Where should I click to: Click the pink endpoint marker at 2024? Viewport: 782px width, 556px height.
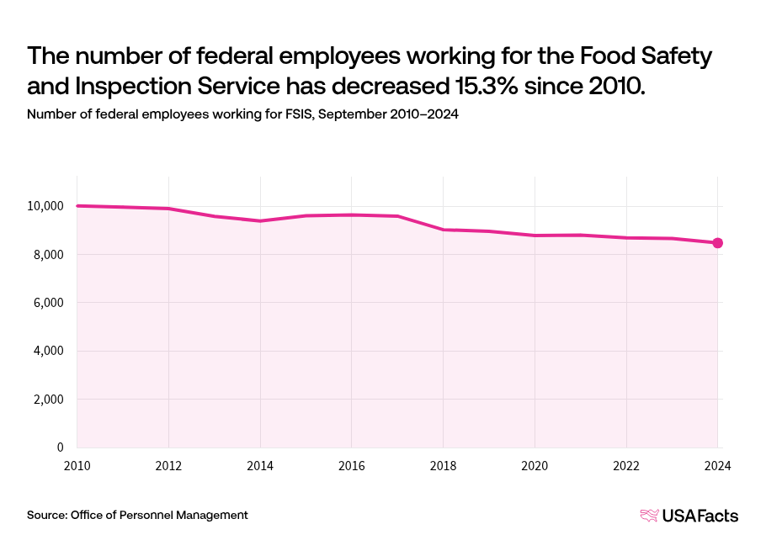tap(717, 243)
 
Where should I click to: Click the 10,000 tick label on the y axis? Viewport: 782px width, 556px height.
tap(45, 206)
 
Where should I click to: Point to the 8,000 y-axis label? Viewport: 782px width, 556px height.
tap(48, 255)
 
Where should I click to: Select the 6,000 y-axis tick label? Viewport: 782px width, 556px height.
tap(48, 303)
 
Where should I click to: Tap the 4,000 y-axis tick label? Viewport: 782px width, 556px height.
tap(48, 351)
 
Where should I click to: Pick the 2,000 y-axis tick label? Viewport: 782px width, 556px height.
tap(48, 400)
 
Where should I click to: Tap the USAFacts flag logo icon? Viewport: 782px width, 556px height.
tap(649, 516)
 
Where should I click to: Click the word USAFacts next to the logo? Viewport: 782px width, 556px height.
tap(700, 516)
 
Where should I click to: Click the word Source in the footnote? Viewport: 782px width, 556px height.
tap(46, 515)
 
